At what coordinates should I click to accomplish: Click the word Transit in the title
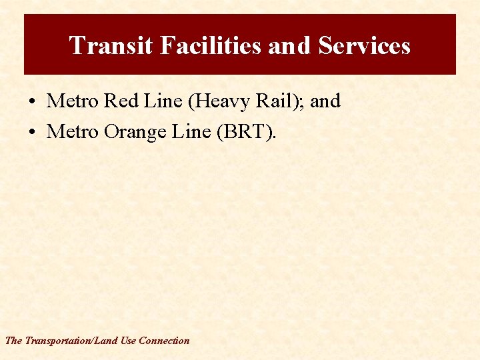coord(101,45)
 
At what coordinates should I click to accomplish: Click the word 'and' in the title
coord(290,45)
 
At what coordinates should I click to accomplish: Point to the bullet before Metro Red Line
coord(32,102)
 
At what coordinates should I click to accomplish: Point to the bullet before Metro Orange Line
coord(32,133)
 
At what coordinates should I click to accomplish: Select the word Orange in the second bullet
coord(135,133)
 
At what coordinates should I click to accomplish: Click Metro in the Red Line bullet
coord(72,101)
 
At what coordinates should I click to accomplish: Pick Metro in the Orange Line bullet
coord(72,133)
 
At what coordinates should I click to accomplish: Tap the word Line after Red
coord(160,101)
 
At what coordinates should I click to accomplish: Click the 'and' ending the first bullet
coord(325,101)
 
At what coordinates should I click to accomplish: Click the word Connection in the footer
coord(164,341)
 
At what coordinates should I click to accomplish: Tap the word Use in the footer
coord(128,341)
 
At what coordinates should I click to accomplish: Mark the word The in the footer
coord(13,341)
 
